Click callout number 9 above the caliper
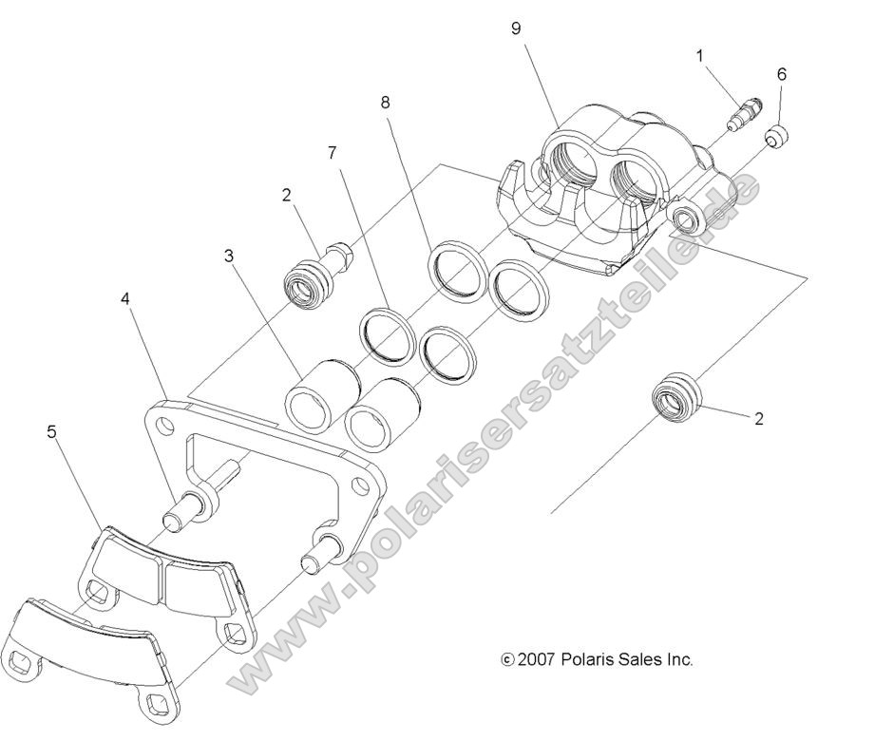click(x=516, y=28)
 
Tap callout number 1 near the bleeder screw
click(x=699, y=56)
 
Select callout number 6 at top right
click(x=781, y=73)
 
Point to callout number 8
click(x=385, y=101)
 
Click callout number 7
click(x=331, y=152)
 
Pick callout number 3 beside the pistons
click(x=228, y=256)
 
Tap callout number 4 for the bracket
click(x=125, y=298)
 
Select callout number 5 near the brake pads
click(x=51, y=432)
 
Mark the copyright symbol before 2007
click(x=507, y=658)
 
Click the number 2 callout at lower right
click(x=759, y=418)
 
